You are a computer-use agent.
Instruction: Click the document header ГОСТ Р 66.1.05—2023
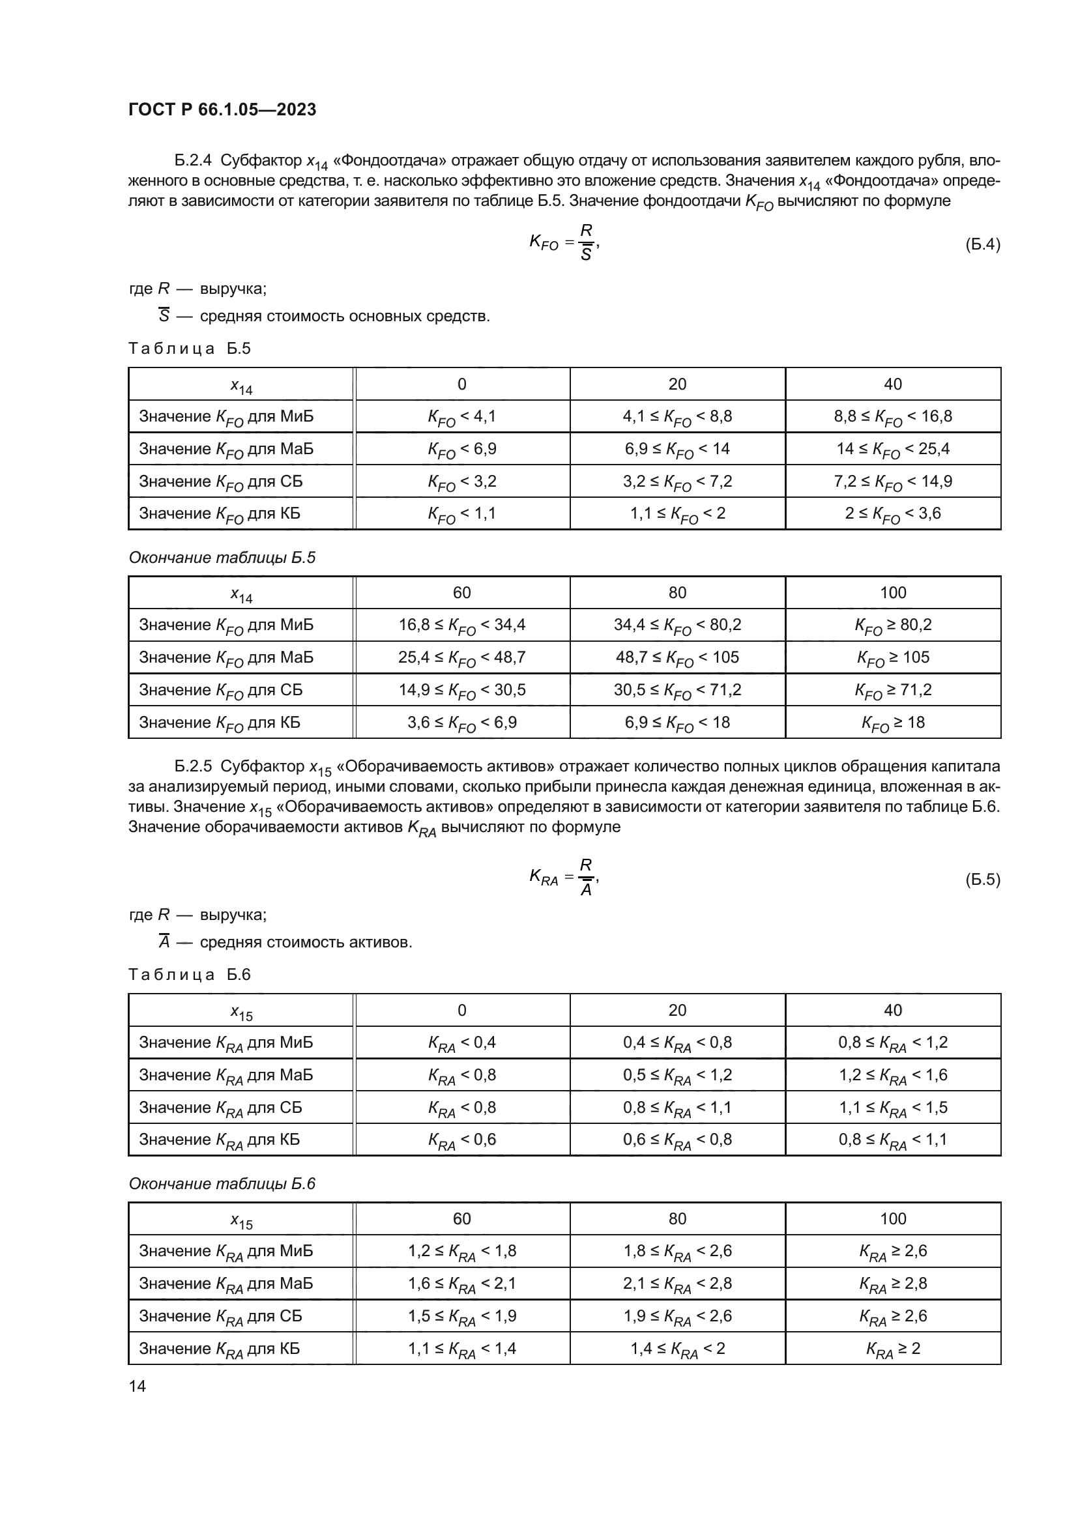(x=222, y=109)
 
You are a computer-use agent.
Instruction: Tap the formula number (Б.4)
(x=982, y=244)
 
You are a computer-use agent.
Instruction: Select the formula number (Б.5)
(x=982, y=880)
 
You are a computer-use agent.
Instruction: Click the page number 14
(x=138, y=1385)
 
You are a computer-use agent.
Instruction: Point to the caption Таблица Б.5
(x=189, y=349)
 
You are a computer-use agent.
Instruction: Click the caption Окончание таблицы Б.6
(x=222, y=1183)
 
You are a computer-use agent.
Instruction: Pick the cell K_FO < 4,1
(x=462, y=417)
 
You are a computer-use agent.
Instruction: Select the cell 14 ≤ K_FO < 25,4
(x=893, y=450)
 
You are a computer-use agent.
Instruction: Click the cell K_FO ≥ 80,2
(x=893, y=625)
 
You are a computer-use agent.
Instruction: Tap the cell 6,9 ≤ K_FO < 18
(x=677, y=723)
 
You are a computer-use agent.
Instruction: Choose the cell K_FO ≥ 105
(x=893, y=658)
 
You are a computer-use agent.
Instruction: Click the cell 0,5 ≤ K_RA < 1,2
(x=677, y=1075)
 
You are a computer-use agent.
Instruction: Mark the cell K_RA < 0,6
(x=462, y=1140)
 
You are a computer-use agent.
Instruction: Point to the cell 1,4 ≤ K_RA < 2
(x=677, y=1349)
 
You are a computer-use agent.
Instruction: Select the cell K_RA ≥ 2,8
(x=893, y=1284)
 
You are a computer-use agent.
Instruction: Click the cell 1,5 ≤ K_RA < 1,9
(x=462, y=1316)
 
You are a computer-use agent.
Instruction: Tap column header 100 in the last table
(x=893, y=1218)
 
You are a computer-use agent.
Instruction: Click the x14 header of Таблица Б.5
(x=241, y=386)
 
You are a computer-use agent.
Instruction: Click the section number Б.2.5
(x=192, y=767)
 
